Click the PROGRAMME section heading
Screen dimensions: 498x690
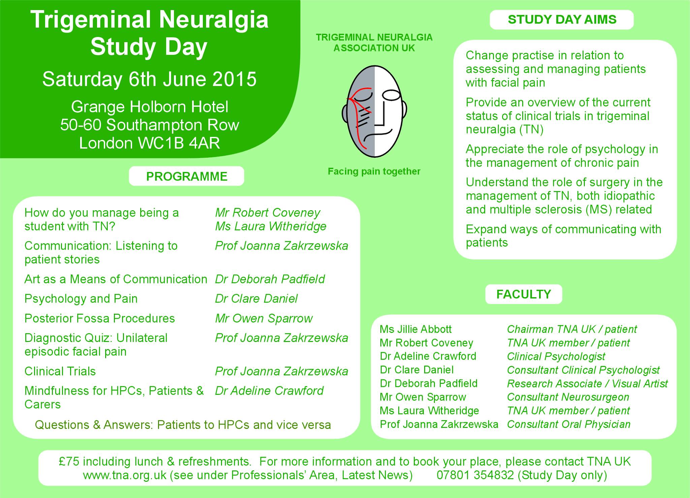[x=187, y=176]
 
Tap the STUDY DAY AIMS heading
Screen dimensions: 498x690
[x=562, y=20]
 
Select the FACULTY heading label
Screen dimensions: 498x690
[x=524, y=294]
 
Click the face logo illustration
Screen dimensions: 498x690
[x=374, y=111]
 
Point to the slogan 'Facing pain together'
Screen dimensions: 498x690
[x=374, y=172]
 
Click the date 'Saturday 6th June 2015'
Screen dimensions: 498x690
[x=149, y=79]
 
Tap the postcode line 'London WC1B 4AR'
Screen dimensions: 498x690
[x=149, y=143]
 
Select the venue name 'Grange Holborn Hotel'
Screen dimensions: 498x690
[x=150, y=107]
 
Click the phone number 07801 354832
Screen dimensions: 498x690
[x=475, y=475]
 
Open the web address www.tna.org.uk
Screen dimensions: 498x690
[x=125, y=475]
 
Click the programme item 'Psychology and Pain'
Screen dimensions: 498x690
[x=81, y=299]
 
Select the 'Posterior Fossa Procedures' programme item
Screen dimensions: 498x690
[x=100, y=318]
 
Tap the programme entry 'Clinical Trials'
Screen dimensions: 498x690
[x=60, y=371]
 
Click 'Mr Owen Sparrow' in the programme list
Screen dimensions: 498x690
[x=264, y=318]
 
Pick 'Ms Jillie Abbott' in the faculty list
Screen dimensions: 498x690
[x=416, y=329]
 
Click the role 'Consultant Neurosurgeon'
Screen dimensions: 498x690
[x=568, y=397]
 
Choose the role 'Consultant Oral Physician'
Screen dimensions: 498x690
[x=569, y=424]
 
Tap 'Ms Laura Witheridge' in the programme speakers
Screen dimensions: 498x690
[x=271, y=226]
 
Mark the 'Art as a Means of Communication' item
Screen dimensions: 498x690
[x=116, y=279]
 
